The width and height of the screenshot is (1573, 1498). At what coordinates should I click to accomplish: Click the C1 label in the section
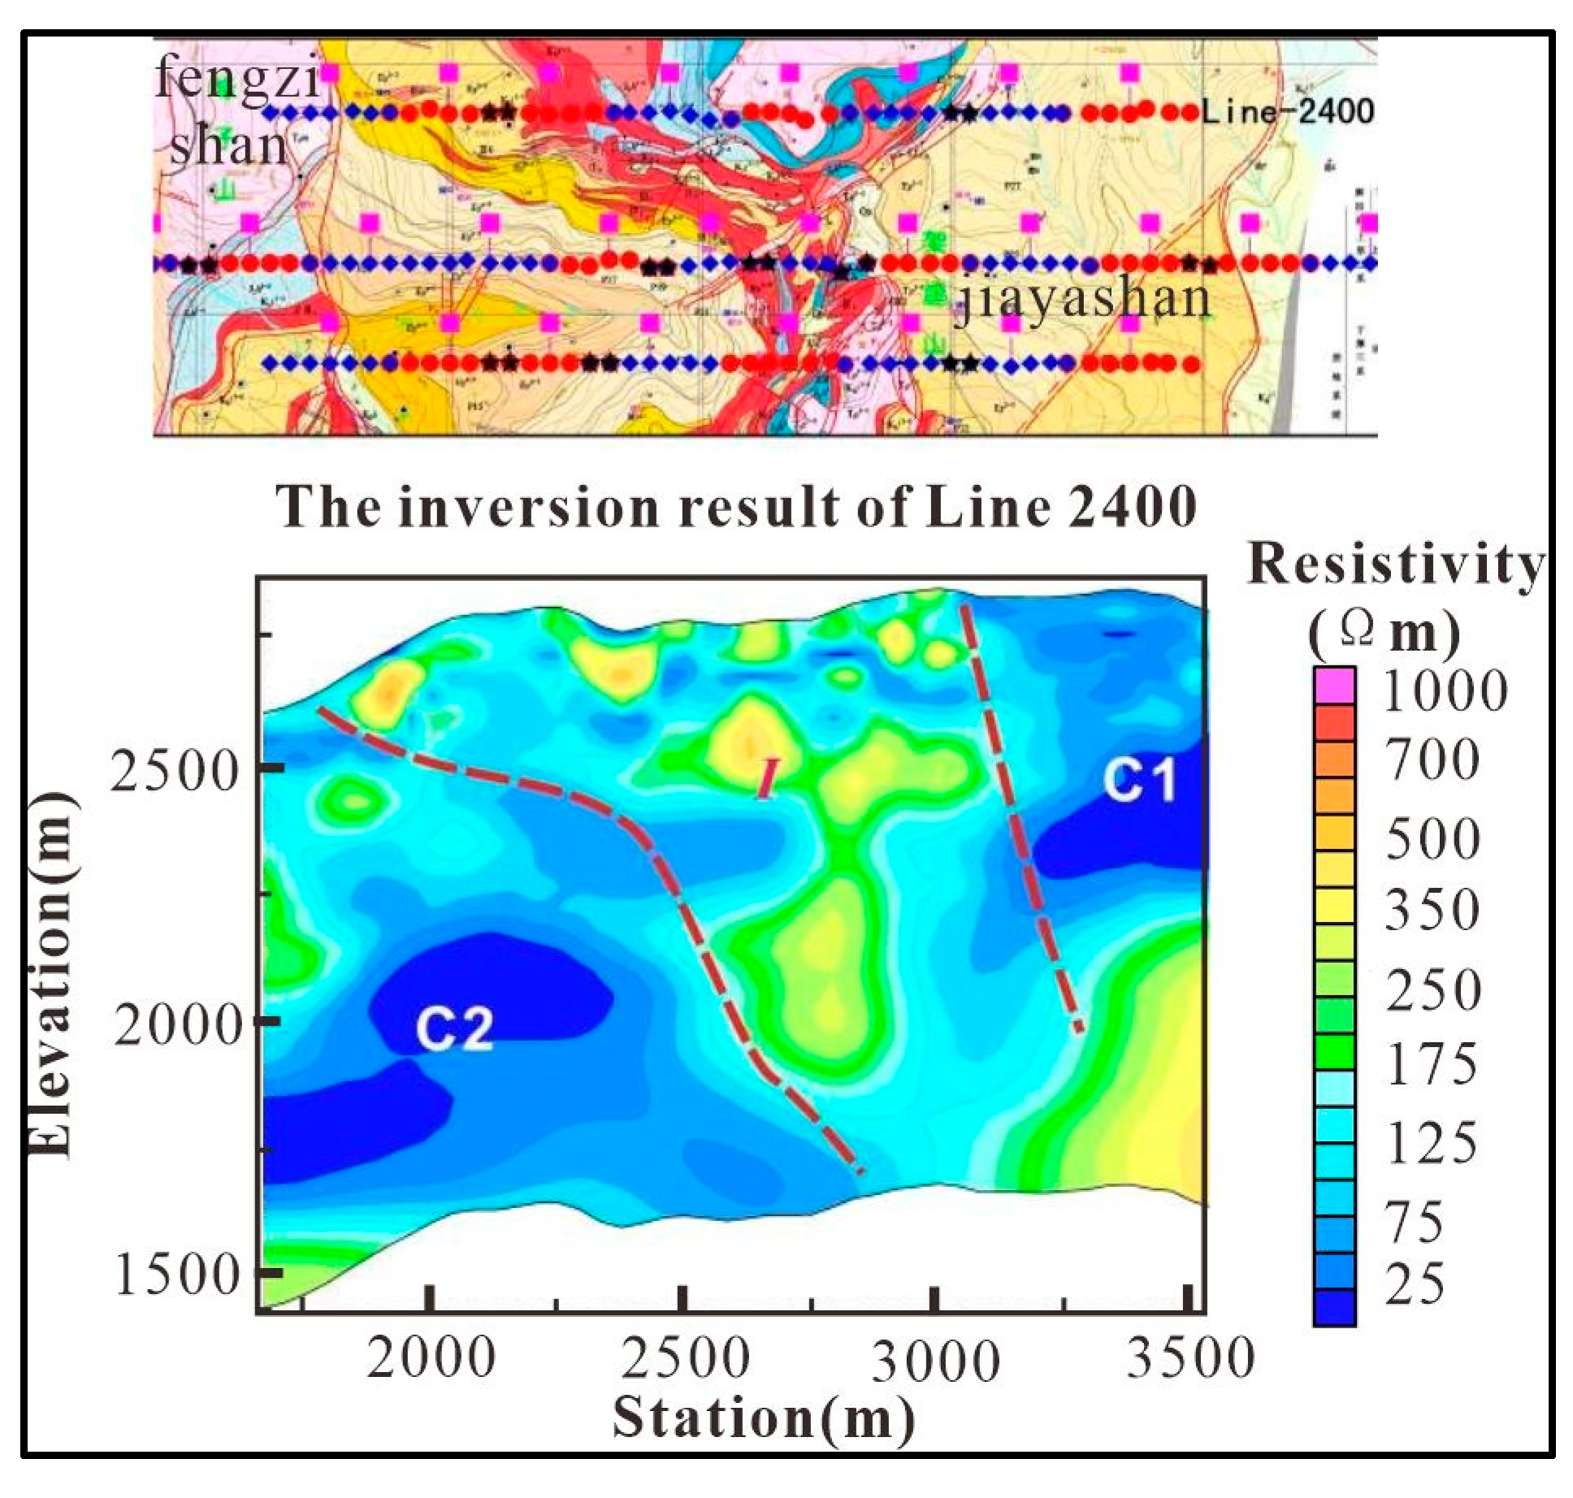tap(1139, 780)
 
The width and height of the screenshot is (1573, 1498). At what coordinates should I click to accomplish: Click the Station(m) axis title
tap(763, 1418)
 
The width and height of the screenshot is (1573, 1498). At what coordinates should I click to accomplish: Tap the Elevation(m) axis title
tap(50, 975)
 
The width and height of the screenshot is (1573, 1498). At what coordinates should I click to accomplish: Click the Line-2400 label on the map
tap(1288, 111)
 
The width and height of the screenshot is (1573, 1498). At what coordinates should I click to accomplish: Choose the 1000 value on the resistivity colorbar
tap(1445, 691)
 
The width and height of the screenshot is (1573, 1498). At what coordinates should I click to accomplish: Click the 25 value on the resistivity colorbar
tap(1415, 1284)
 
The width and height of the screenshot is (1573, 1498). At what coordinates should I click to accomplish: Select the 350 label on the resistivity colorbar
tap(1432, 909)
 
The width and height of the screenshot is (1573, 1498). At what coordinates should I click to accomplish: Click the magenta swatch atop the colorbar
tap(1333, 685)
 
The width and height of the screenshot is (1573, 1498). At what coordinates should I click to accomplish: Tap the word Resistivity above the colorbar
tap(1394, 564)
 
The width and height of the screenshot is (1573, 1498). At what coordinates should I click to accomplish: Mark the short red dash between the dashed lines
tap(768, 778)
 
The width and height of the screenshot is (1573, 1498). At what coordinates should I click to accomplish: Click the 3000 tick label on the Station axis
tap(936, 1360)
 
